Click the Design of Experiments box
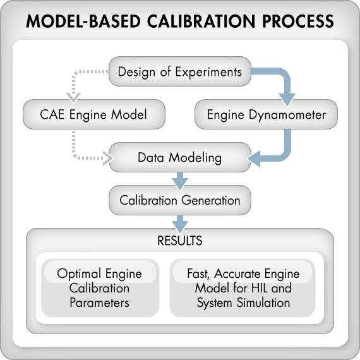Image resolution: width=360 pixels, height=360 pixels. pyautogui.click(x=180, y=71)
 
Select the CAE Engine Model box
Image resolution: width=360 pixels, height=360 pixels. pyautogui.click(x=93, y=115)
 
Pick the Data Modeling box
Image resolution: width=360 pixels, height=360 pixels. pyautogui.click(x=179, y=157)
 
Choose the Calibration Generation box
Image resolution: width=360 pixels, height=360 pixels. pyautogui.click(x=179, y=201)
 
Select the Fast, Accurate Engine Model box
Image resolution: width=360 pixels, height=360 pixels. pyautogui.click(x=243, y=288)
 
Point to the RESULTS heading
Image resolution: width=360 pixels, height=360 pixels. pyautogui.click(x=180, y=241)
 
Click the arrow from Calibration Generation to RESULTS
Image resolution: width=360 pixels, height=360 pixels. pyautogui.click(x=179, y=222)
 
